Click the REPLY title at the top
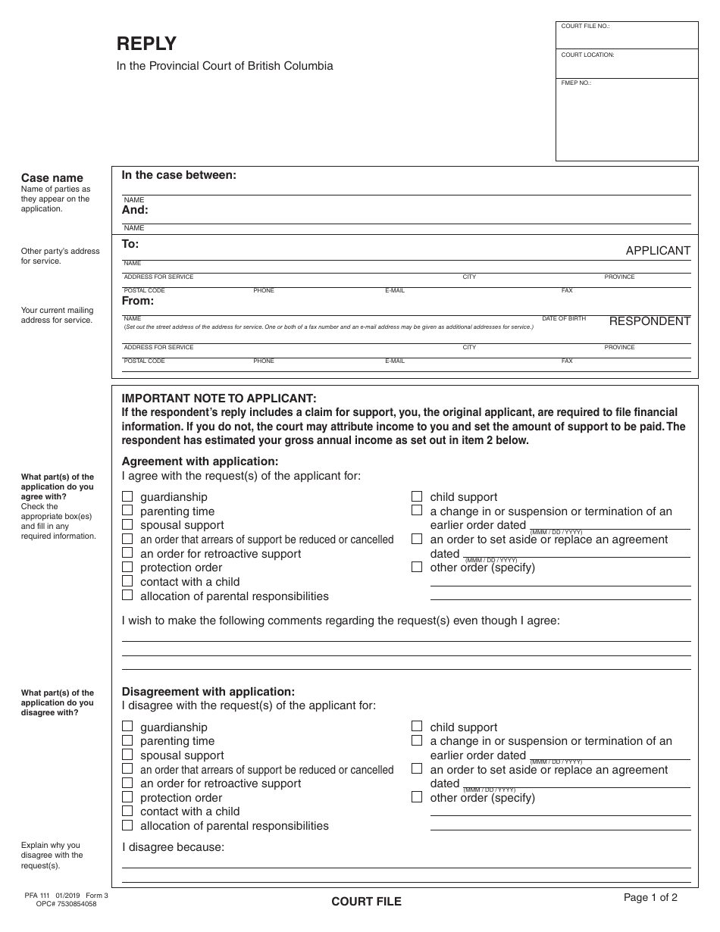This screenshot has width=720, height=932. point(146,44)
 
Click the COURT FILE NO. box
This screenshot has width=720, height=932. point(627,36)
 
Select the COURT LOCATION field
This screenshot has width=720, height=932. point(627,64)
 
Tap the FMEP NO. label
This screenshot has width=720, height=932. point(576,83)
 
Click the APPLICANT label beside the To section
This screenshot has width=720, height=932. point(658,251)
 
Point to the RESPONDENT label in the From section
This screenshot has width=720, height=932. point(650,321)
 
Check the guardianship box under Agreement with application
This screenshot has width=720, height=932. point(127,496)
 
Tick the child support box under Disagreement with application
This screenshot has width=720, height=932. point(417,727)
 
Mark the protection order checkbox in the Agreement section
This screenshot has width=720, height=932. point(127,567)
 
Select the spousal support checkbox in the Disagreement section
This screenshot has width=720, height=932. point(127,755)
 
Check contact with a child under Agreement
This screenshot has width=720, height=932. point(127,581)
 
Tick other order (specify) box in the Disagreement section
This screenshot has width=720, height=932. point(417,797)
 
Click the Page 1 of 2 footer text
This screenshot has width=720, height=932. point(650,898)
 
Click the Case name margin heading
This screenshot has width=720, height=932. point(52,178)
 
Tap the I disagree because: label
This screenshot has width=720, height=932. point(174,847)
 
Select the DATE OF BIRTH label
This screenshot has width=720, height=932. point(564,319)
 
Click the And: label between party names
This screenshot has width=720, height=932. point(135,210)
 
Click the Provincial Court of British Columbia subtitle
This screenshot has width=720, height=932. point(224,66)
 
